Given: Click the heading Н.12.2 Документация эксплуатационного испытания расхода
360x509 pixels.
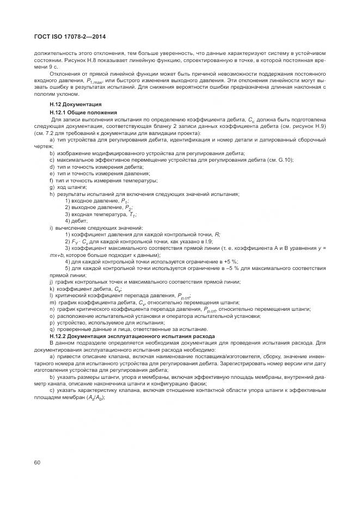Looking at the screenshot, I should (x=132, y=336).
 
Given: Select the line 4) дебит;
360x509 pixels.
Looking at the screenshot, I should (x=76, y=220).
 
